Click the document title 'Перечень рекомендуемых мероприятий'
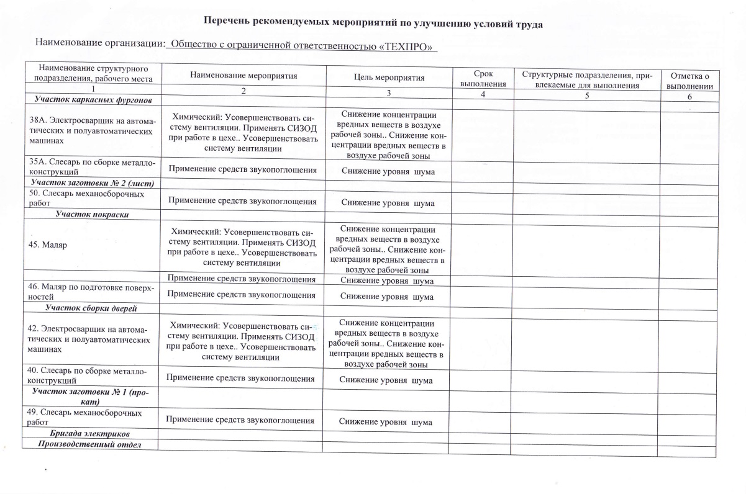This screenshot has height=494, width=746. (x=374, y=24)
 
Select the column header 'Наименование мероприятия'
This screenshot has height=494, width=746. (x=243, y=76)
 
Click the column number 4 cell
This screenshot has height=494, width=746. (x=482, y=93)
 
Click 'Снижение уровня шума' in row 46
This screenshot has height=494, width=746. (x=386, y=297)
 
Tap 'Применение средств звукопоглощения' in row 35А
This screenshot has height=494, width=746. (x=242, y=170)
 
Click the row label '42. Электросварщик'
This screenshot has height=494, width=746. (x=91, y=341)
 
